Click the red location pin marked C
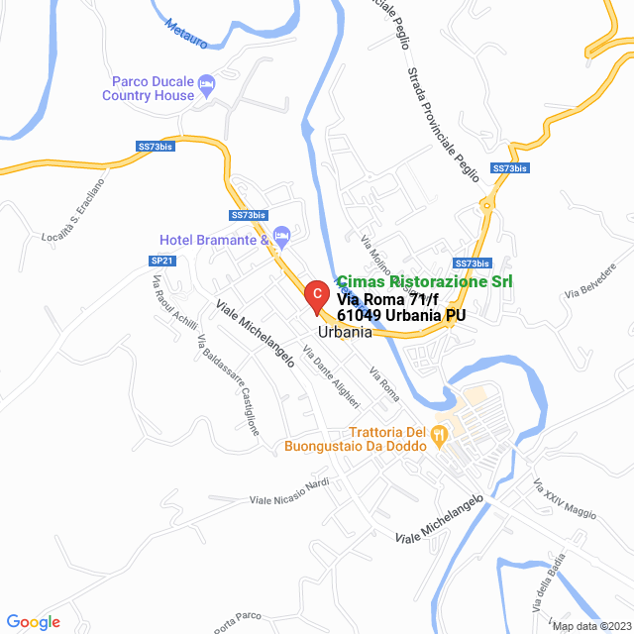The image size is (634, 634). click(315, 293)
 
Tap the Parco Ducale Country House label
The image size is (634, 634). click(149, 88)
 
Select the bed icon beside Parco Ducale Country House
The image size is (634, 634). click(206, 84)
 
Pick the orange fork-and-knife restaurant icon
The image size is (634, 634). click(444, 434)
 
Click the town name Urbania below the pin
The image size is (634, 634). click(345, 333)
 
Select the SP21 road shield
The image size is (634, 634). click(161, 261)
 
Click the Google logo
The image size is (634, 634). click(33, 622)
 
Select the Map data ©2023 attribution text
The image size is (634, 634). click(589, 626)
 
